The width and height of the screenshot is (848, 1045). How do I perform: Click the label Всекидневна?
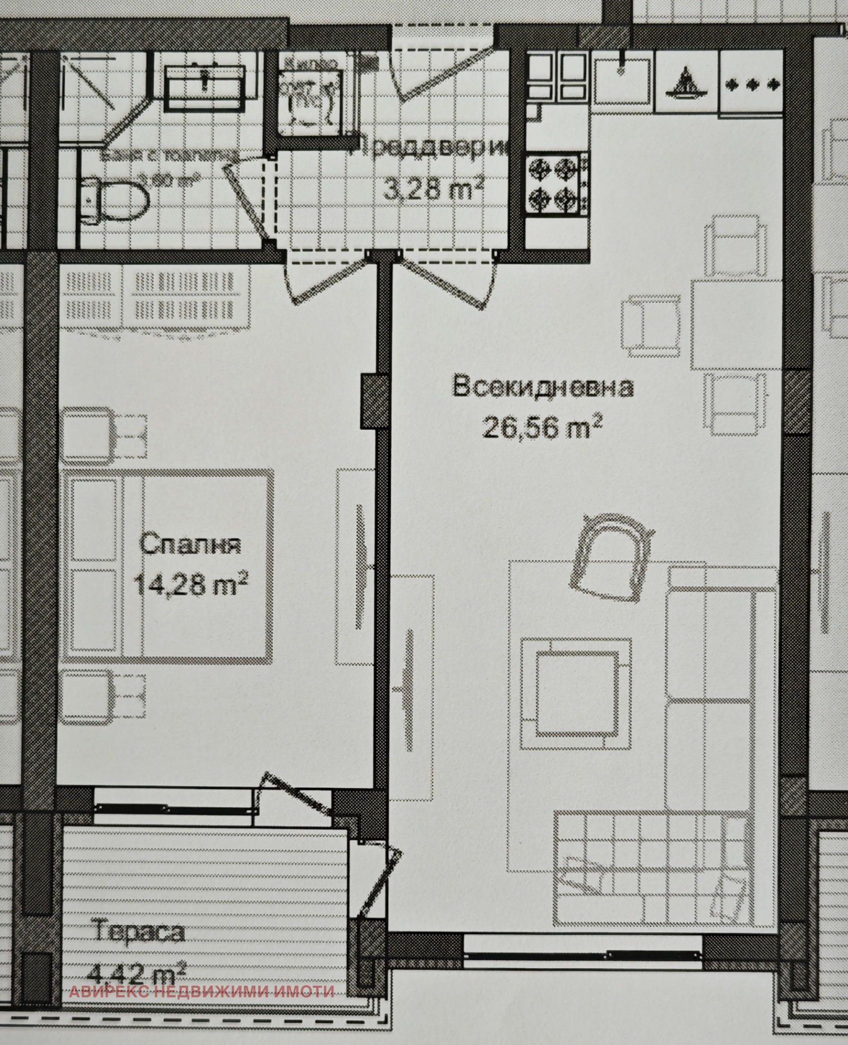[x=542, y=387]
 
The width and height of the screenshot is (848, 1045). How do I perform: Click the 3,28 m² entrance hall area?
[x=434, y=189]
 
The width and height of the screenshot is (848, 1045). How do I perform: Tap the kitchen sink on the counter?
[x=621, y=81]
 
